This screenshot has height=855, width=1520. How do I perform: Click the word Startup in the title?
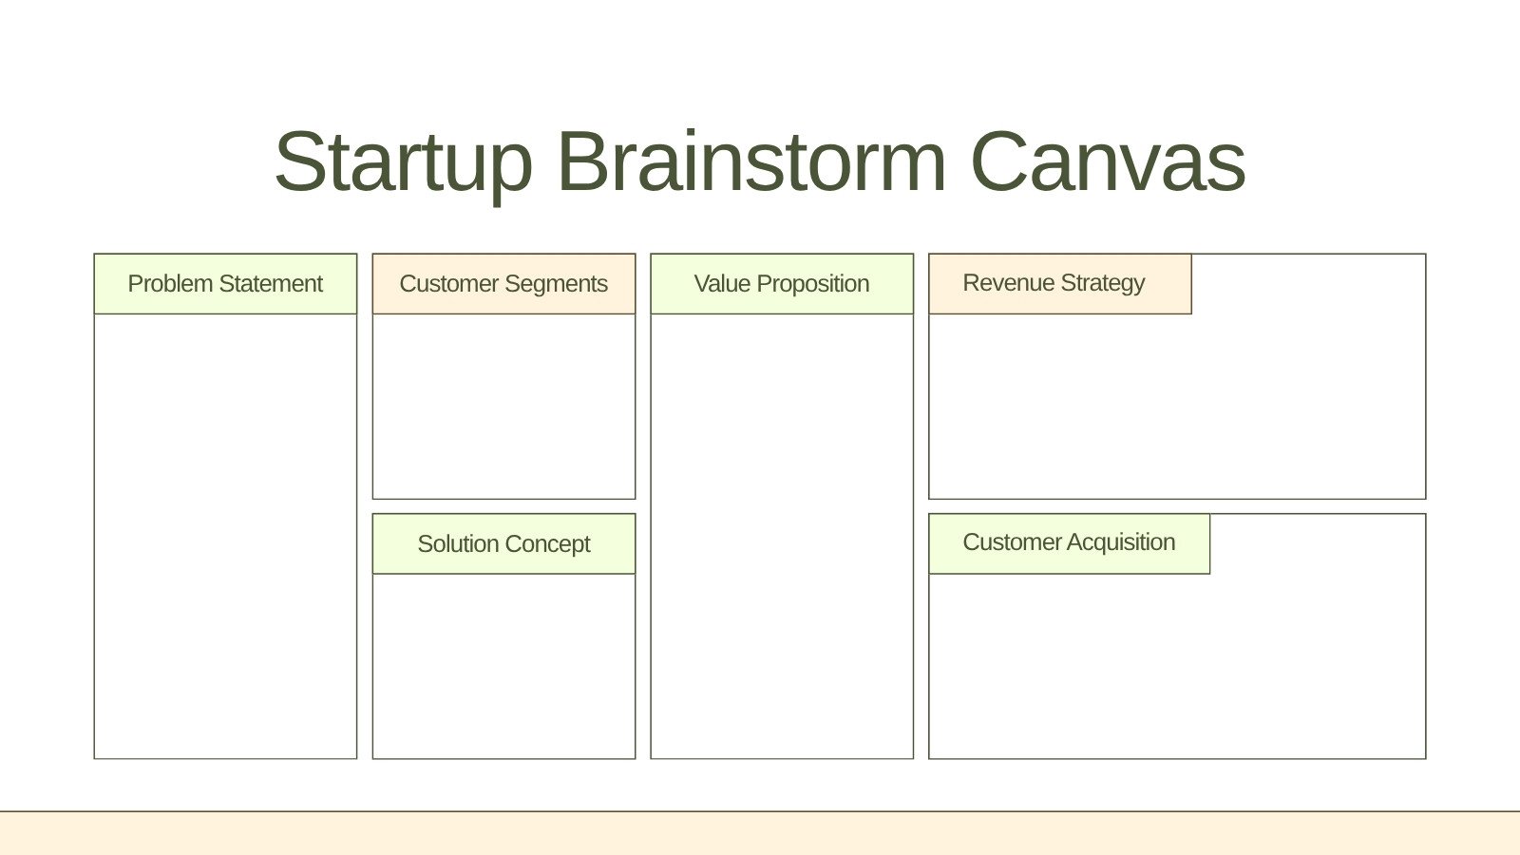point(403,162)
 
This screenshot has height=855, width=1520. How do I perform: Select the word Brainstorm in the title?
point(751,161)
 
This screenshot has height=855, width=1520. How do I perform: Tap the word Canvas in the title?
point(1108,161)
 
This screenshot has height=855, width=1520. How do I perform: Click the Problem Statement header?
point(225,284)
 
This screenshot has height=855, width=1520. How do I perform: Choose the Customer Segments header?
point(504,284)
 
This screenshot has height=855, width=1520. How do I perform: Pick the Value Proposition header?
point(783,284)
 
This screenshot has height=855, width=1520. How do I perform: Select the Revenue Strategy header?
point(1060,284)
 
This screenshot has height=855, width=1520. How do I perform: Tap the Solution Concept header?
point(504,543)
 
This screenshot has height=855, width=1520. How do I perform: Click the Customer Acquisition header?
point(1070,543)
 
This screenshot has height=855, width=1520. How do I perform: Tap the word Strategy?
point(1103,284)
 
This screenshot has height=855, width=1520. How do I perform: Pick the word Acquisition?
point(1121,542)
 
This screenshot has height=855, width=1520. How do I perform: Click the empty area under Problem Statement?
point(225,536)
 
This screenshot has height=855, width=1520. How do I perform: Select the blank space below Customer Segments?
point(504,406)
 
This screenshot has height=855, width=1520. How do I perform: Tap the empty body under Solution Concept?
point(504,666)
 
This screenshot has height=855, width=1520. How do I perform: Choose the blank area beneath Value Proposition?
point(783,536)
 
